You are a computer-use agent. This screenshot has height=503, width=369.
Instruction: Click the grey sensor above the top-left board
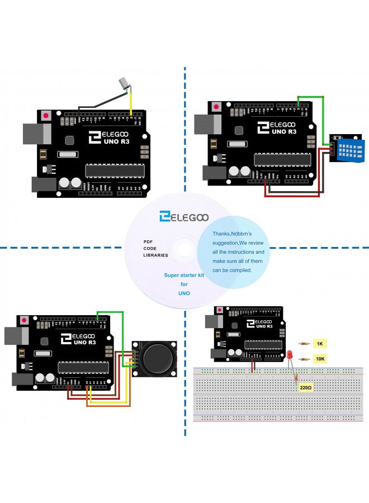coord(122,83)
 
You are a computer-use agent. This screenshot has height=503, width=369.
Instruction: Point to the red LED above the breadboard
coord(290,354)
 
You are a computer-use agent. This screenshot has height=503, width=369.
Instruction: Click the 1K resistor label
coord(320,344)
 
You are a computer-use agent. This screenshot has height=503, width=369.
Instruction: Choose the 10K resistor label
coord(320,359)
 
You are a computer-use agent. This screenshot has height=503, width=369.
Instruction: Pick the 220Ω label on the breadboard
coord(306,387)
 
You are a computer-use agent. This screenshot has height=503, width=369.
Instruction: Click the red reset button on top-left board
coord(45,116)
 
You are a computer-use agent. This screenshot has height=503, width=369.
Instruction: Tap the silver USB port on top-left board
coord(36,134)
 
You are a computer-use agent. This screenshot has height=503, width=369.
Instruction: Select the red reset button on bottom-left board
coord(24,320)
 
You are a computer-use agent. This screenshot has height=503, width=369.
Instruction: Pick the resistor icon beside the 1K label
coord(304,344)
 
